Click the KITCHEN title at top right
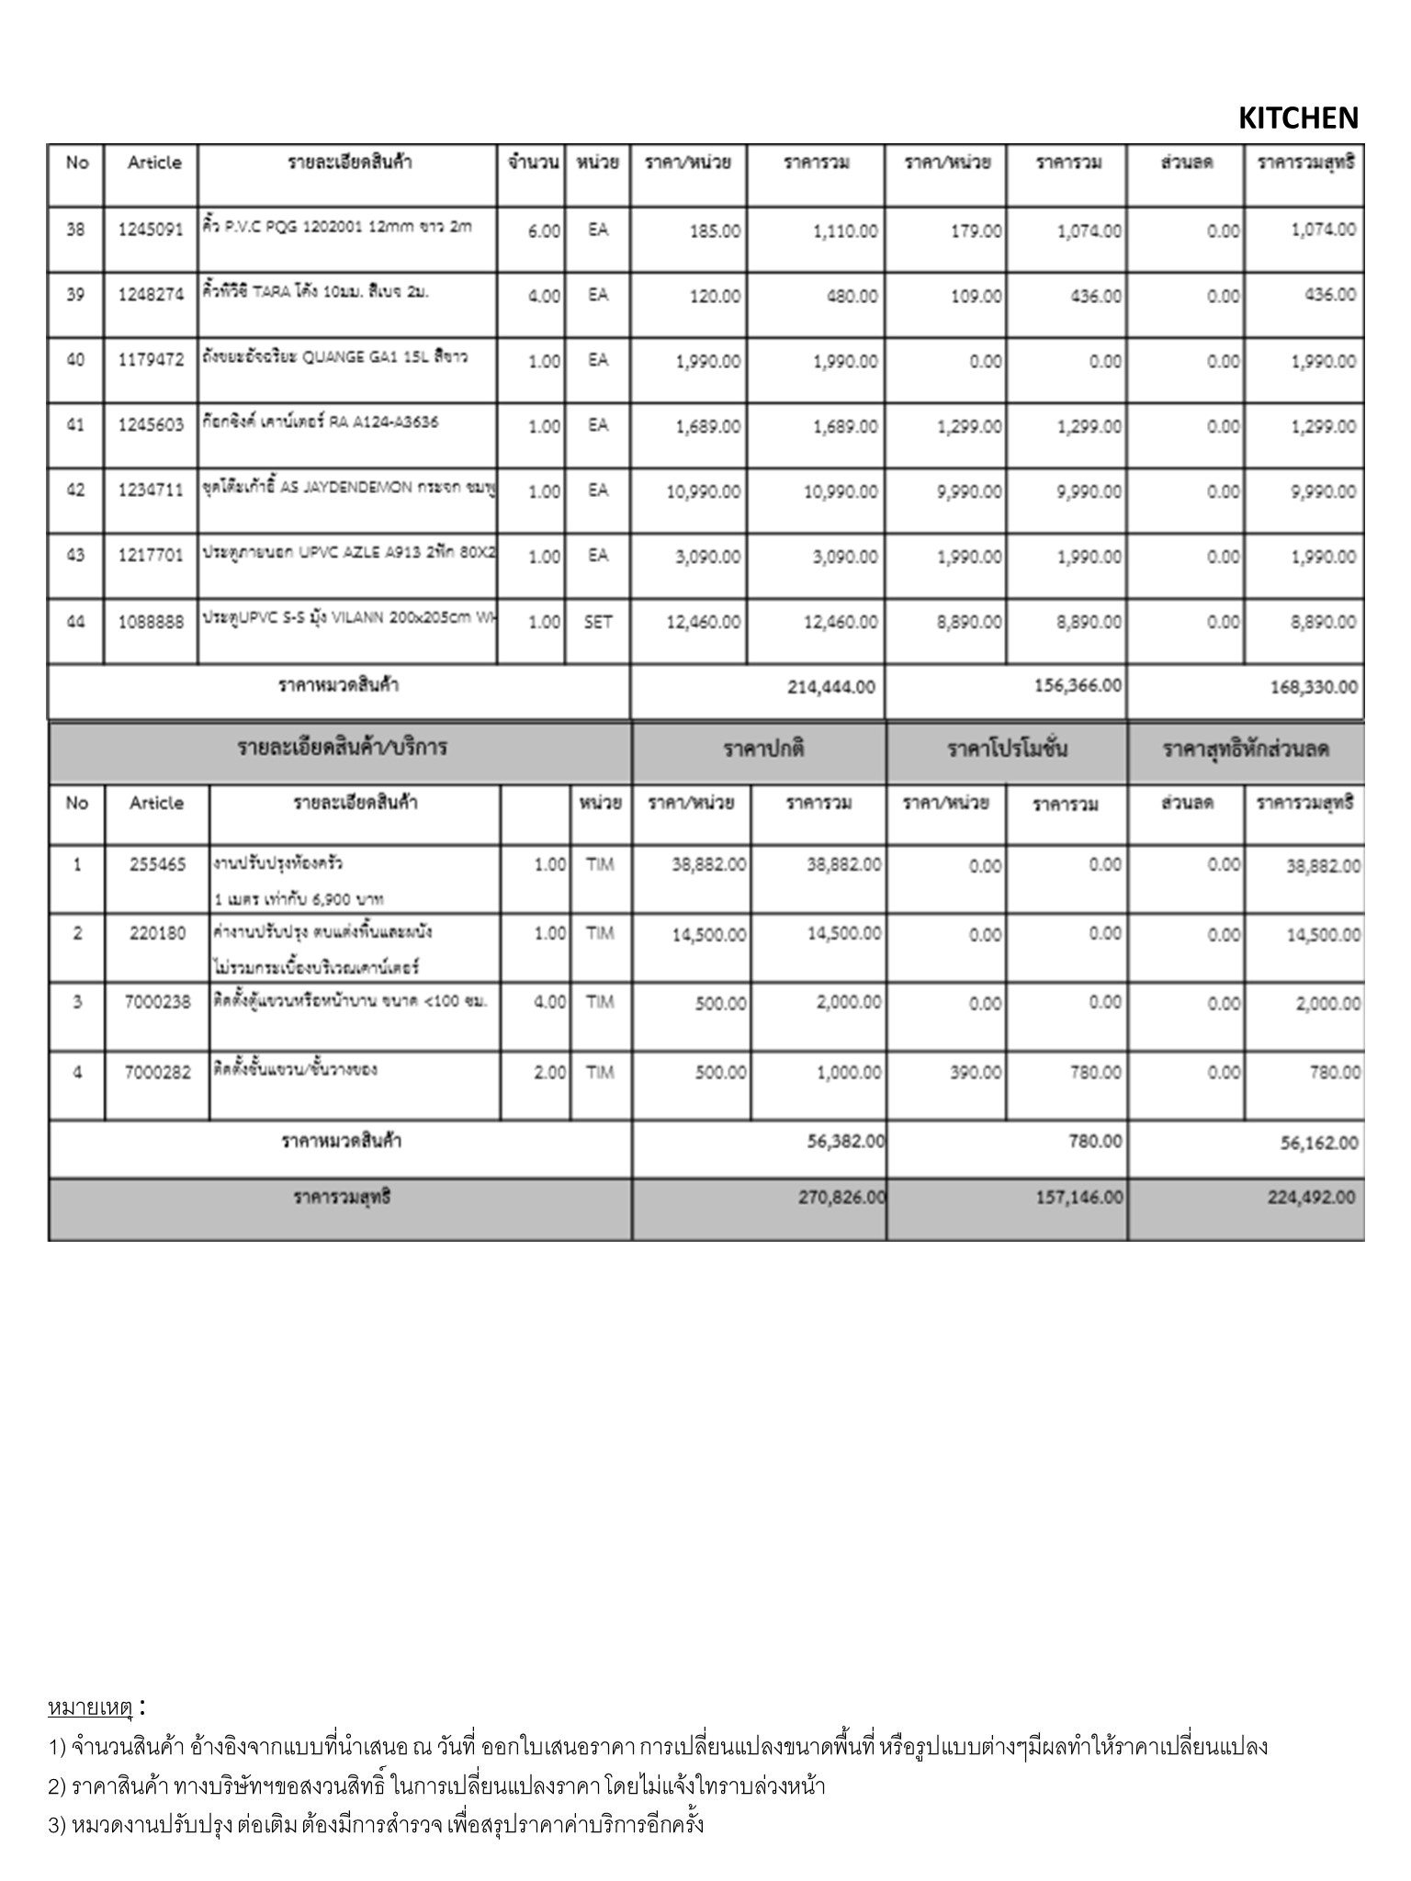1297,118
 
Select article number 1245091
151,230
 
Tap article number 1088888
151,623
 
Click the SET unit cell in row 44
597,623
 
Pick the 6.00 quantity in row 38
544,231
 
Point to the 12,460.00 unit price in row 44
703,623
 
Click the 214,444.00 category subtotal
830,687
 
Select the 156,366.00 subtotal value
1077,686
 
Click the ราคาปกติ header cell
759,749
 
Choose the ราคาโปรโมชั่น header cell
1007,749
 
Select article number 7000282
157,1072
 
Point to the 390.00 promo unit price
976,1073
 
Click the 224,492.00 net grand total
1311,1198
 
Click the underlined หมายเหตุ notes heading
90,1707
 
